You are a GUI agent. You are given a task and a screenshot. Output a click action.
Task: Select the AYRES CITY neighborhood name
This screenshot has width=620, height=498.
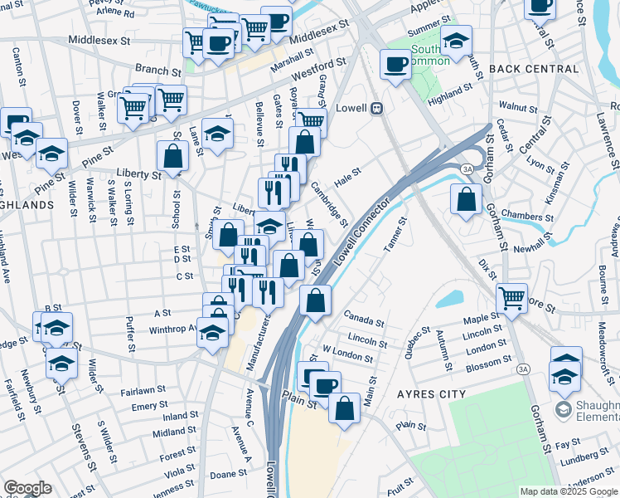click(x=432, y=393)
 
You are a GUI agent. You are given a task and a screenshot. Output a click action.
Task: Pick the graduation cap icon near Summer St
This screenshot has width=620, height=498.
click(x=455, y=40)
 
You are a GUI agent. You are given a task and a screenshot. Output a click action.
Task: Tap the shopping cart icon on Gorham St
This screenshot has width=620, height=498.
click(x=511, y=297)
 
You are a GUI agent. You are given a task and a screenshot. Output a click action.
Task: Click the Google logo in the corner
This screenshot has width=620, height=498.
click(x=27, y=488)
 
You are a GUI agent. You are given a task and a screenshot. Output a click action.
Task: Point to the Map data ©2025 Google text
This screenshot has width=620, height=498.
click(x=568, y=491)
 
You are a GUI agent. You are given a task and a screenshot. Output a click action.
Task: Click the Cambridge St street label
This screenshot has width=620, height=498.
click(x=330, y=204)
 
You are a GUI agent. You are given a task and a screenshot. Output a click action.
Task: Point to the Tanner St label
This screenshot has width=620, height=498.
click(x=396, y=235)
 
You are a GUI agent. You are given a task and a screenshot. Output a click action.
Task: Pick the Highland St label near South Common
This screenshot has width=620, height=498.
click(x=450, y=90)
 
